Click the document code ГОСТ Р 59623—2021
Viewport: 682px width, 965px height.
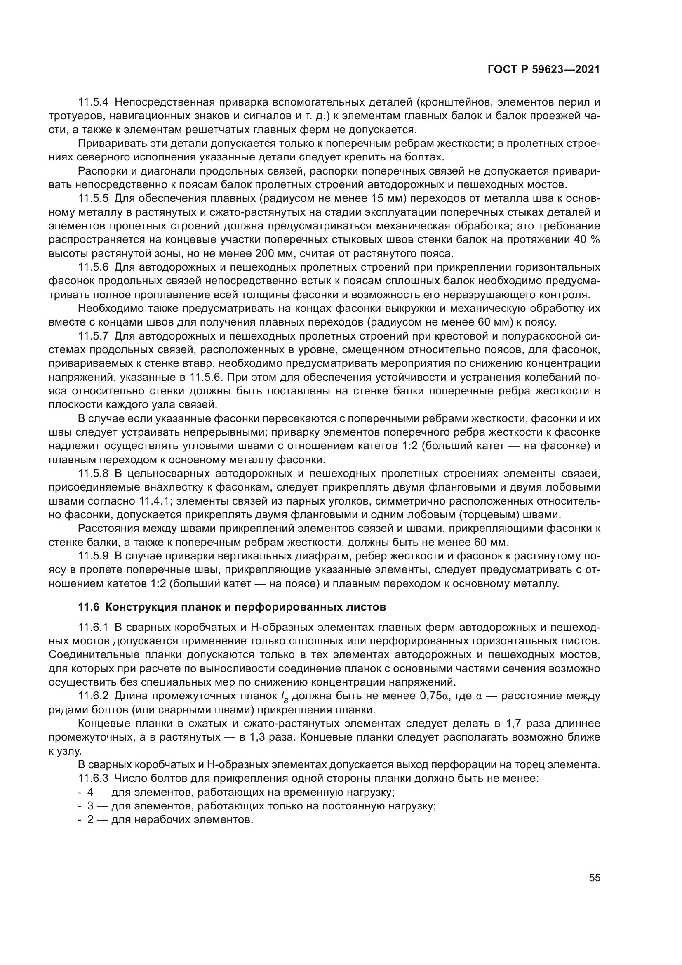coord(544,70)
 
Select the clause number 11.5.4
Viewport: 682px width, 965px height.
coord(93,102)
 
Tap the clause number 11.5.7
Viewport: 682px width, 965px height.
coord(93,336)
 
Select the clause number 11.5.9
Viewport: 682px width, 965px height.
coord(93,556)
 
